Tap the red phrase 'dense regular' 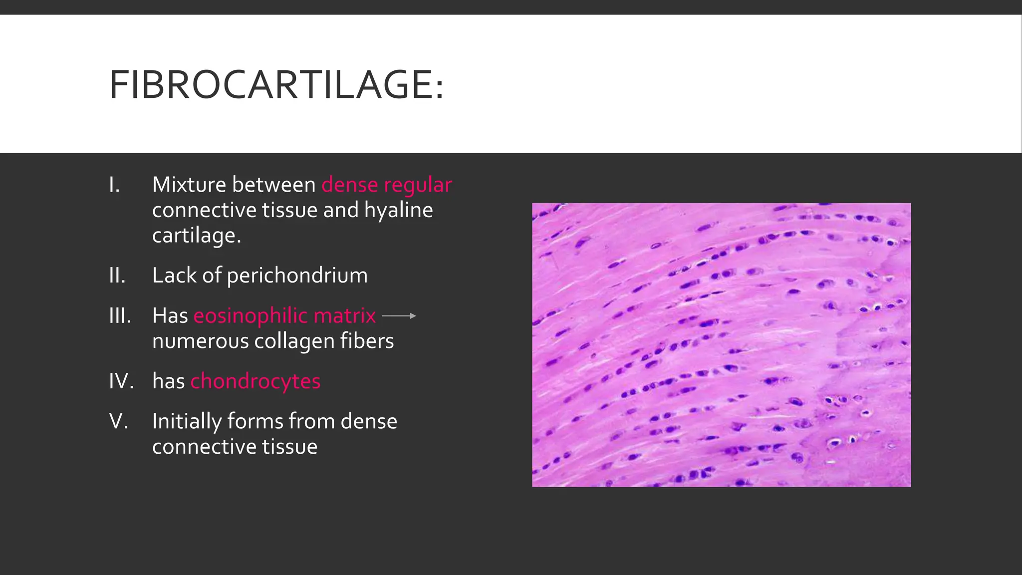point(387,185)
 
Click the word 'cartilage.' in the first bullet point(197,236)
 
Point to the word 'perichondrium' point(297,276)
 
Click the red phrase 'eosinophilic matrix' point(284,316)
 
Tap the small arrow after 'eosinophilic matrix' point(399,316)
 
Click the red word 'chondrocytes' point(255,381)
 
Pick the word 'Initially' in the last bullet point(187,422)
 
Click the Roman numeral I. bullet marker point(114,185)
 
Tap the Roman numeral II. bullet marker point(117,276)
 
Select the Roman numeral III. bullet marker point(120,316)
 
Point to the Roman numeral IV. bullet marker point(121,381)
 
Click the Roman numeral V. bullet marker point(119,422)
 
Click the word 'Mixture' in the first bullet point(189,185)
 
